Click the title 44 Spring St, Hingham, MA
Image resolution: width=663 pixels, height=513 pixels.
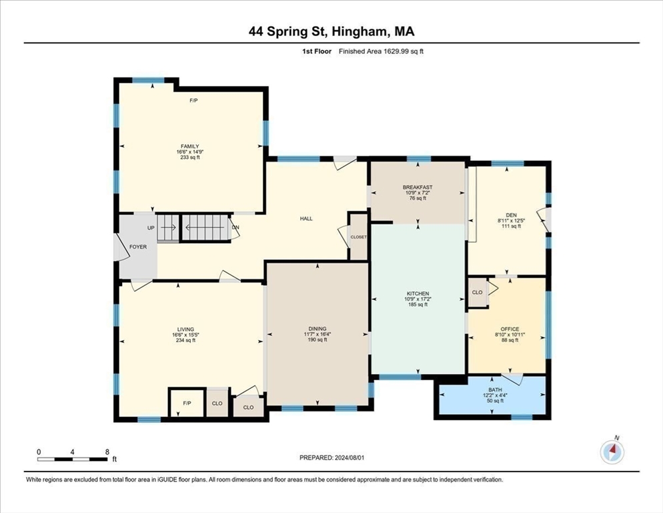[x=331, y=31]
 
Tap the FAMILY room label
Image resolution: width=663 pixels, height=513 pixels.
[x=191, y=146]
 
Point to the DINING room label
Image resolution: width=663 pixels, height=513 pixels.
[x=317, y=329]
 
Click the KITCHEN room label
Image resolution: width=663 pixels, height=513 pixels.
[x=418, y=293]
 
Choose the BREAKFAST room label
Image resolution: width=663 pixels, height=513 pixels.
[x=418, y=187]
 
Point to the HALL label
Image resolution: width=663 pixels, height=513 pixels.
[x=306, y=218]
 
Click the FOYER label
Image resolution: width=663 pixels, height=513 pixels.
[x=137, y=246]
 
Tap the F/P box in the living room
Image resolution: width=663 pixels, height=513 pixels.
[x=187, y=403]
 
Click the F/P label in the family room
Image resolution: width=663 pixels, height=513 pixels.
[x=193, y=100]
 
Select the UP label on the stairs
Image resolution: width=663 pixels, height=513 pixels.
[x=151, y=228]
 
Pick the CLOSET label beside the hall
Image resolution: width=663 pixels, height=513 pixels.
[x=358, y=236]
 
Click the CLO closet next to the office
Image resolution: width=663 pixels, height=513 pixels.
[x=477, y=293]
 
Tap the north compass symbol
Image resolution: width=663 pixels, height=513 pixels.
[x=612, y=452]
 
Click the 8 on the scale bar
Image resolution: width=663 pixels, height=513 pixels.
[x=107, y=452]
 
